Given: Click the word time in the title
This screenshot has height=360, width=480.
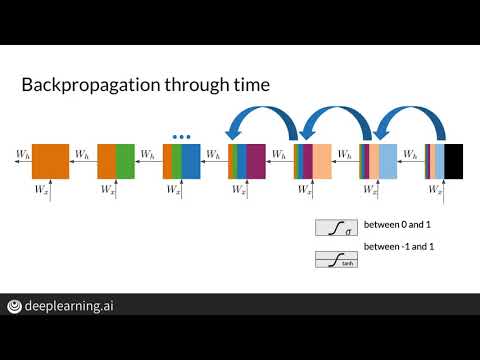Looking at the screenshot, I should pyautogui.click(x=248, y=86).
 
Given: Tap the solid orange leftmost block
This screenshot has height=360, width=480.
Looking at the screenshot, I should pyautogui.click(x=48, y=161).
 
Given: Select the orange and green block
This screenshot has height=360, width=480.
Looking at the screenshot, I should pyautogui.click(x=114, y=161).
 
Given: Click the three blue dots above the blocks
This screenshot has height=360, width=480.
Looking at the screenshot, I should pyautogui.click(x=181, y=135).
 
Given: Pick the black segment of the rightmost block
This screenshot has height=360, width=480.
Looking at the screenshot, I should pyautogui.click(x=454, y=161).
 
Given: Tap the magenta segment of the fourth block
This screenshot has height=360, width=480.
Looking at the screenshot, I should pyautogui.click(x=255, y=161).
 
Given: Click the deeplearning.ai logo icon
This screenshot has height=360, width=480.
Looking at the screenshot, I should pyautogui.click(x=16, y=307).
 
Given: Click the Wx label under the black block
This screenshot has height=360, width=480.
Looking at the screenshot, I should pyautogui.click(x=436, y=189).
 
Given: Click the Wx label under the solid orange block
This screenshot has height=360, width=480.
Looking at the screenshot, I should pyautogui.click(x=41, y=189).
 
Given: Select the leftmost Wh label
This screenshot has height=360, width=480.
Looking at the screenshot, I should pyautogui.click(x=22, y=154).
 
